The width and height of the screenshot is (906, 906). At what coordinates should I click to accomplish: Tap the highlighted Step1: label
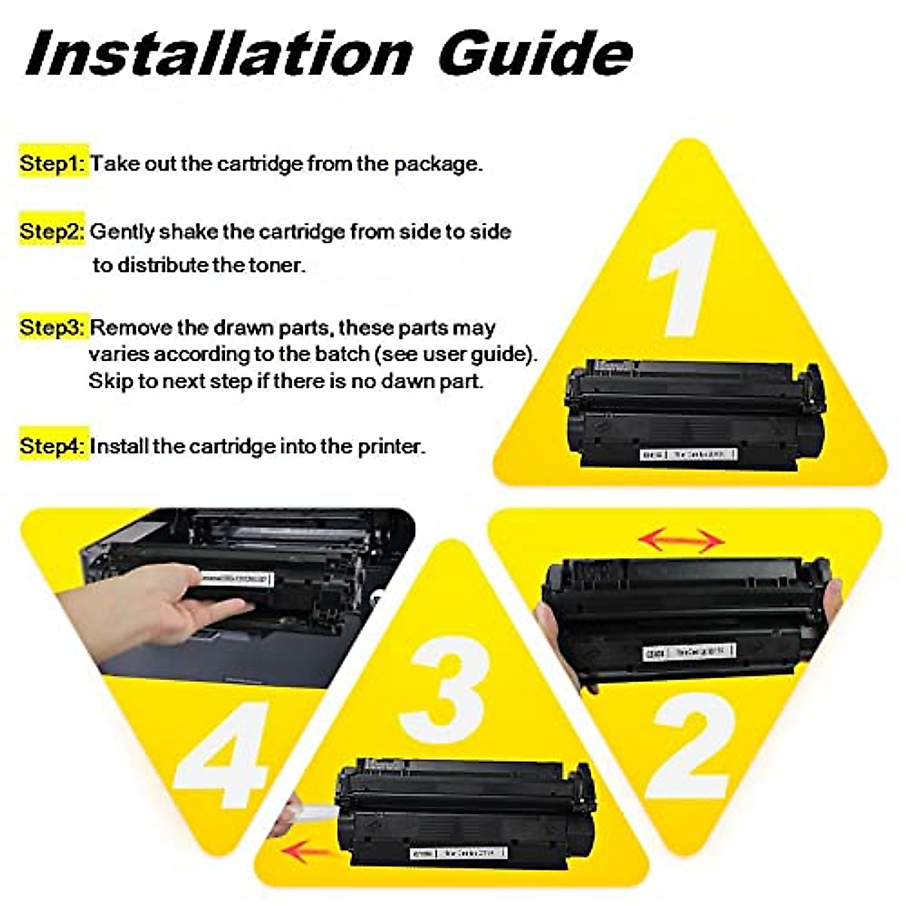(x=53, y=163)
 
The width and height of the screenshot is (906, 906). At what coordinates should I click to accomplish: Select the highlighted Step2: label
(x=53, y=231)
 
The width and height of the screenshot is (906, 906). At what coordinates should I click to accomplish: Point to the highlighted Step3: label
(x=53, y=328)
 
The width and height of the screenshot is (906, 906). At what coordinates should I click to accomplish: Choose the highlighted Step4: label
(x=53, y=446)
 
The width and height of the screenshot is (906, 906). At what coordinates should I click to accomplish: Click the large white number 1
(x=683, y=283)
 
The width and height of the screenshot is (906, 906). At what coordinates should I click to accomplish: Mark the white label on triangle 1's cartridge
(x=687, y=455)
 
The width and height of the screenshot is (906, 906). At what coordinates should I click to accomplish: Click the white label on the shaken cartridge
(x=689, y=651)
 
